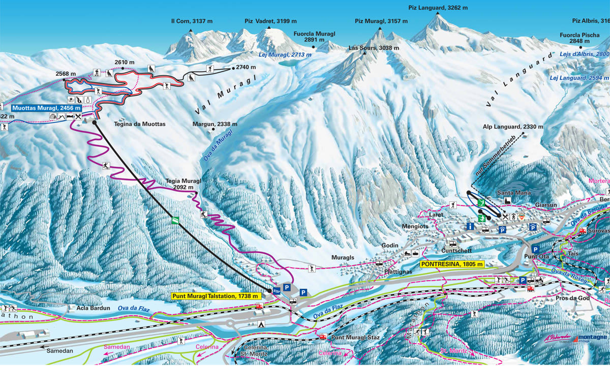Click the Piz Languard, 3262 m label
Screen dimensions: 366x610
[x=438, y=8]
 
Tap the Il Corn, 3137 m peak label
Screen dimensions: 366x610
[x=192, y=21]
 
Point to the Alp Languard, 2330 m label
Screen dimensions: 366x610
[x=513, y=127]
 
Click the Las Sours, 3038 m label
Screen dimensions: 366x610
[x=374, y=48]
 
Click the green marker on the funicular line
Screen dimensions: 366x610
[x=175, y=220]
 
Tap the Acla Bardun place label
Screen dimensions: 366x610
[x=79, y=308]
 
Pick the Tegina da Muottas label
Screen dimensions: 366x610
[x=133, y=124]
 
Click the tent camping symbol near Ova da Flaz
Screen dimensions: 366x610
[x=261, y=323]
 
